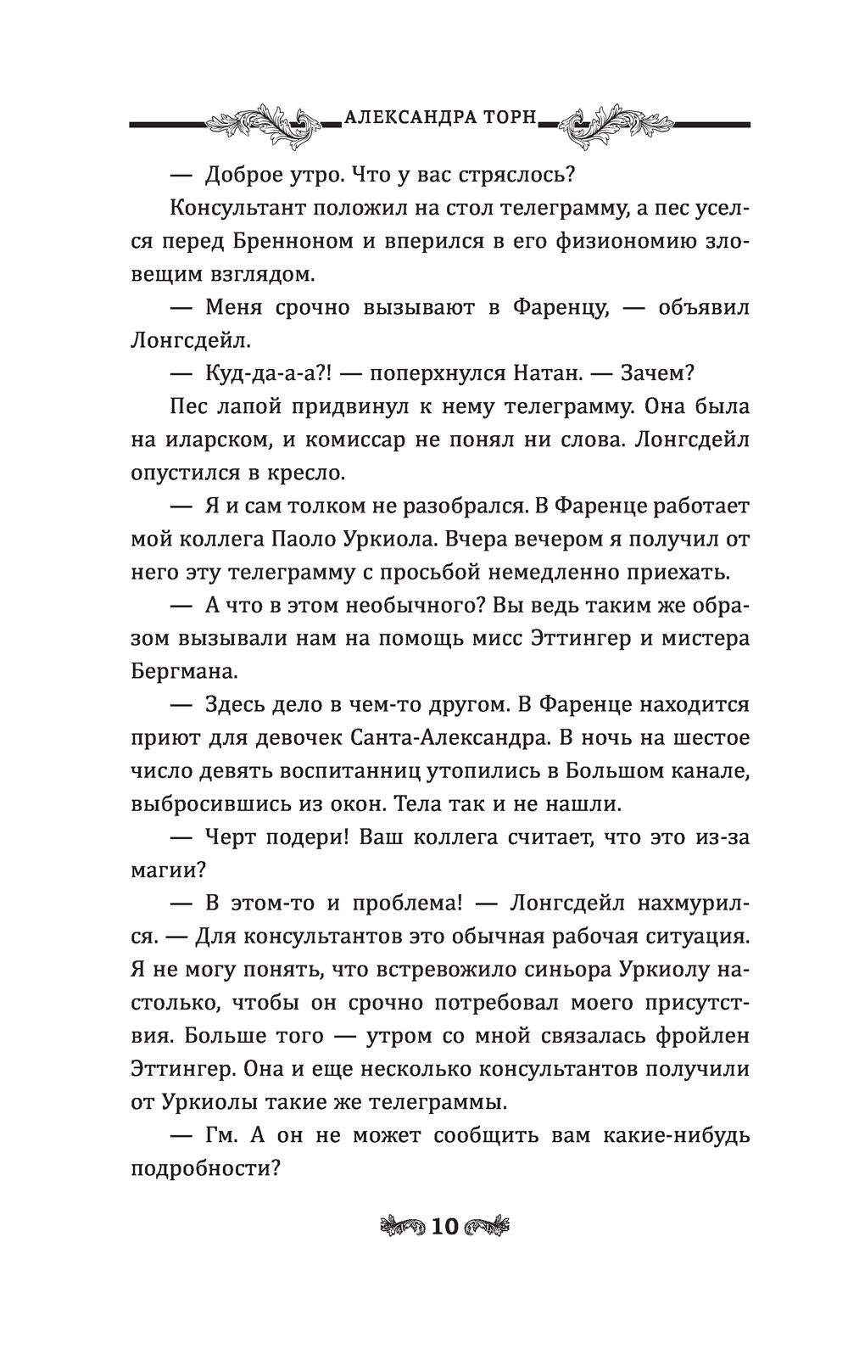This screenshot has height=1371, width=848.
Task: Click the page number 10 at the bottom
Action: click(444, 1225)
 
